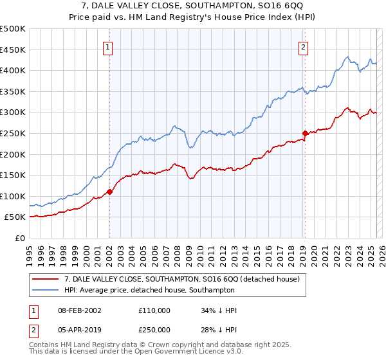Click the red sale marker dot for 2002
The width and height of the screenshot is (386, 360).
coord(109,191)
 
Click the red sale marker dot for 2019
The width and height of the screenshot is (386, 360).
coord(305,133)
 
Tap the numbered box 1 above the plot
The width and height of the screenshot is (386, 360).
coord(108,46)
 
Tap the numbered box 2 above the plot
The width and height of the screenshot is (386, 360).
coord(303,46)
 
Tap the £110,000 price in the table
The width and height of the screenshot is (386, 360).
coord(154,310)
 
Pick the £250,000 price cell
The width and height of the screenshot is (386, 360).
coord(154,332)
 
